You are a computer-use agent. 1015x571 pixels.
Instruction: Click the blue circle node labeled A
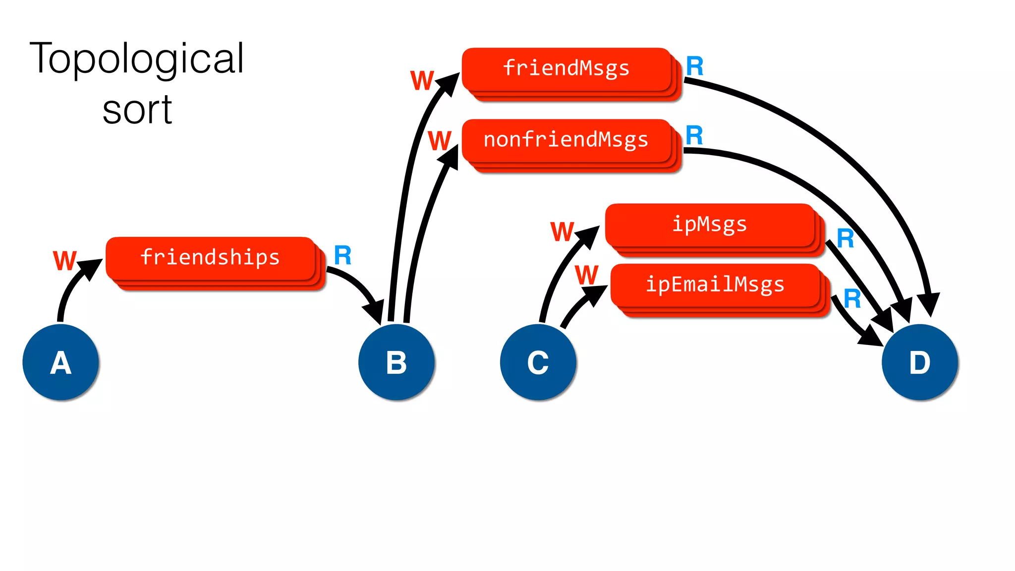(x=60, y=362)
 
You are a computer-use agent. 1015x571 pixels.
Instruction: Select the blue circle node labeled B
(x=396, y=362)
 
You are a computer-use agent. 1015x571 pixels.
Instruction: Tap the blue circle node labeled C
(x=538, y=362)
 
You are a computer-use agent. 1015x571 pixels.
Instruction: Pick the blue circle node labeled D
(x=920, y=362)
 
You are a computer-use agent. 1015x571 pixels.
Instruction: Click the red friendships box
(x=211, y=258)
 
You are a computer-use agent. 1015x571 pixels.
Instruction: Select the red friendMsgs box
(x=566, y=68)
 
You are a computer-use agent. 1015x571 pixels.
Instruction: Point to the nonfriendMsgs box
(x=566, y=140)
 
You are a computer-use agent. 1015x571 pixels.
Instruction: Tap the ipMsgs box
(x=710, y=225)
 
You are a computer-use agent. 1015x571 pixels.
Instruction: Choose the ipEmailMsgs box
(x=715, y=285)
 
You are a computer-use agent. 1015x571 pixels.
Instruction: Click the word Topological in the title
(x=137, y=58)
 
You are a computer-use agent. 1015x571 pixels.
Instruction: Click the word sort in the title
(x=137, y=110)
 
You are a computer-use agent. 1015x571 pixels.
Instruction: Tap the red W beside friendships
(x=65, y=261)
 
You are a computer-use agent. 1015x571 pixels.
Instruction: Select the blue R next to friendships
(x=342, y=256)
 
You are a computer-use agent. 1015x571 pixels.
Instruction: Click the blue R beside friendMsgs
(x=694, y=66)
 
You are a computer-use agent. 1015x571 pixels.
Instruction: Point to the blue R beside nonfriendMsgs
(x=694, y=136)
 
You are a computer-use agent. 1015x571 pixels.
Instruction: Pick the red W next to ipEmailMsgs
(x=587, y=275)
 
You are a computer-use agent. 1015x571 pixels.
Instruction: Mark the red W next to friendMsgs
(x=422, y=80)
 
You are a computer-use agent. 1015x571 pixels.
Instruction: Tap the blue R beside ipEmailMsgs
(x=852, y=299)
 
